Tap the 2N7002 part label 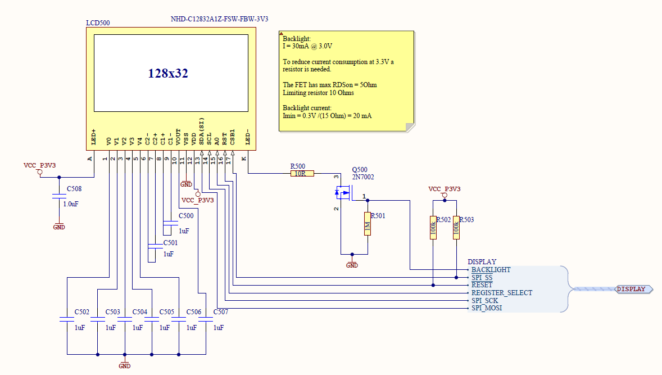click(363, 177)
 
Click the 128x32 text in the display click(168, 73)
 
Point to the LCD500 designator click(98, 23)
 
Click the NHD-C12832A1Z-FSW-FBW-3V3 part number click(219, 19)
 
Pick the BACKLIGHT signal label click(491, 270)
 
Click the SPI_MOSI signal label click(487, 308)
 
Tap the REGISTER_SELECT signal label click(501, 293)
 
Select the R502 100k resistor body click(433, 228)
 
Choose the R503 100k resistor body click(456, 228)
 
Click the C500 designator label click(186, 216)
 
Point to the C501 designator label click(170, 243)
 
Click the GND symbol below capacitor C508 click(59, 227)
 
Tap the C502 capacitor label click(82, 311)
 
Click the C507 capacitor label click(221, 311)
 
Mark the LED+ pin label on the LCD click(93, 137)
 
